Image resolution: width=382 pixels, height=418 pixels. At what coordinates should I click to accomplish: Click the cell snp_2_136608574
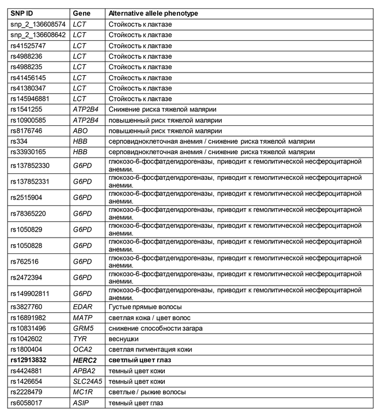38,24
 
